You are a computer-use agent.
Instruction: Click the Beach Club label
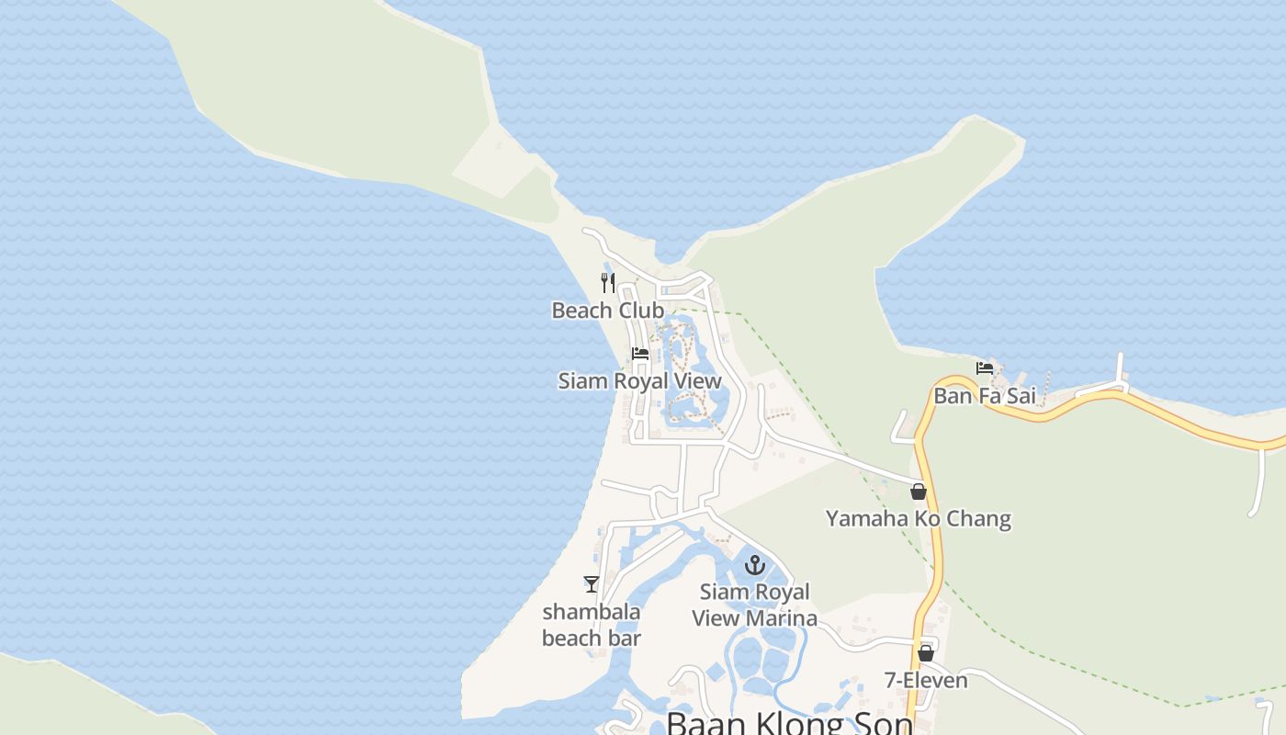[x=607, y=311]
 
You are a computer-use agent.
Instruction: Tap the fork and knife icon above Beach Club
[x=607, y=282]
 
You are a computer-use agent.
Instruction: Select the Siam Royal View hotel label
[x=639, y=380]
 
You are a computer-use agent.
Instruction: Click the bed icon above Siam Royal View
[x=640, y=354]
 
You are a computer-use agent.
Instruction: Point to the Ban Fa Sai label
[x=985, y=396]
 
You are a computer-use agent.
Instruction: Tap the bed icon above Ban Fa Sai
[x=985, y=369]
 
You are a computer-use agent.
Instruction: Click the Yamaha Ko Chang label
[x=918, y=519]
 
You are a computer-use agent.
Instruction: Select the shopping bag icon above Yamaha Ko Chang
[x=918, y=492]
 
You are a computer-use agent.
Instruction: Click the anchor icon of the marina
[x=755, y=565]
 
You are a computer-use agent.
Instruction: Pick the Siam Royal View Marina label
[x=755, y=605]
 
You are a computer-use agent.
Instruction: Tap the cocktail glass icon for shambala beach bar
[x=592, y=583]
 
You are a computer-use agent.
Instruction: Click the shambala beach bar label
[x=592, y=624]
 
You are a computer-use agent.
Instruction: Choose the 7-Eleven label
[x=926, y=681]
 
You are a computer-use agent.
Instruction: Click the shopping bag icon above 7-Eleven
[x=926, y=653]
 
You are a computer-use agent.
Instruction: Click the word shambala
[x=592, y=612]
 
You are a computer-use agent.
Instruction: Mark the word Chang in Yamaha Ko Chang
[x=979, y=519]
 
